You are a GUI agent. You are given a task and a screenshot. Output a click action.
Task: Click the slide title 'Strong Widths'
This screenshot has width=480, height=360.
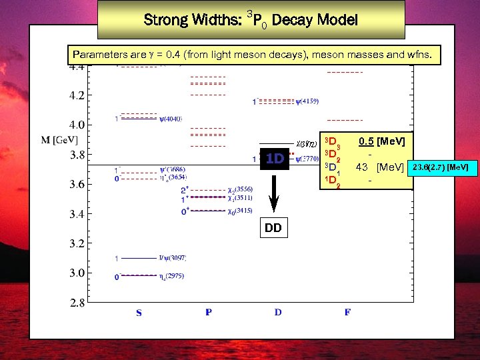coord(251,20)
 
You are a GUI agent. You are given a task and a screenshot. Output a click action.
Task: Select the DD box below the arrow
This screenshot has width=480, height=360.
coord(273,228)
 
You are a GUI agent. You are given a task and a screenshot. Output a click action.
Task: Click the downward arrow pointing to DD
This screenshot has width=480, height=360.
coord(273,193)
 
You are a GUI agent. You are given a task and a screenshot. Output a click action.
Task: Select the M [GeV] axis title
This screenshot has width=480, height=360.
coord(60,139)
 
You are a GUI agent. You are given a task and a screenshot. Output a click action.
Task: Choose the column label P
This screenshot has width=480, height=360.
coord(209,312)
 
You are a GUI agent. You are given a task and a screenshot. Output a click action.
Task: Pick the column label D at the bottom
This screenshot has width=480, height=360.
coord(277,312)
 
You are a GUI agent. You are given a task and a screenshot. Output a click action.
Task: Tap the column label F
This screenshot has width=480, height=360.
coord(347,312)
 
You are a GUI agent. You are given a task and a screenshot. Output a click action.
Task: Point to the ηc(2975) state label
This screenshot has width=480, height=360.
coord(171,275)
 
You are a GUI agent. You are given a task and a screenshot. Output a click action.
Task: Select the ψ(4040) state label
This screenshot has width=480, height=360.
coord(171,119)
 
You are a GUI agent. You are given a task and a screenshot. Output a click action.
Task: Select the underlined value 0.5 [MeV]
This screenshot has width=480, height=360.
coord(381,141)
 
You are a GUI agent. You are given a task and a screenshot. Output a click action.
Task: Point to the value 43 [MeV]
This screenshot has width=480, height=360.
coord(380,166)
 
